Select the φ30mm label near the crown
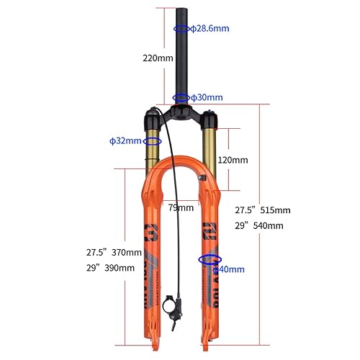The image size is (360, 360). tap(207, 97)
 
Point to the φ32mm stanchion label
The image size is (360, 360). tap(125, 140)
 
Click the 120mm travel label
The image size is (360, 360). tap(233, 159)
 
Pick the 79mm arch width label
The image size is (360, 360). tap(181, 208)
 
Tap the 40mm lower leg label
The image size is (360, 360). tap(228, 269)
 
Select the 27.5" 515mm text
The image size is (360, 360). tap(263, 210)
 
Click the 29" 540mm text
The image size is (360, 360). tap(260, 225)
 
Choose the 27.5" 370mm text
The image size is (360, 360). tap(110, 253)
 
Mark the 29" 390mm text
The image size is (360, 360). tap(110, 268)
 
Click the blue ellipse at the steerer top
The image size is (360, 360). tap(181, 28)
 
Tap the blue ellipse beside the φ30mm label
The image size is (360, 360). tap(180, 97)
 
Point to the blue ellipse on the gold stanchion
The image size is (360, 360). tap(153, 141)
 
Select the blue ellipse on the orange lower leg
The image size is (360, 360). tap(210, 258)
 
